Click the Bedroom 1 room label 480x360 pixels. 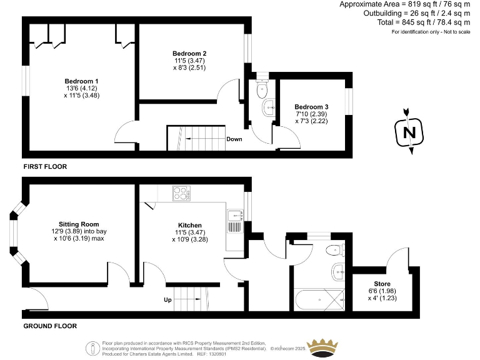(81, 81)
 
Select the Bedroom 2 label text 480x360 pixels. (189, 54)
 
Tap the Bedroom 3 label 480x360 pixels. (311, 107)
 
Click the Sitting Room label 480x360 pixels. (79, 224)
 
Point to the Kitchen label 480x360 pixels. (189, 225)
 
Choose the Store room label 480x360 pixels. (382, 284)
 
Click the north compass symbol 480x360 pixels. (409, 132)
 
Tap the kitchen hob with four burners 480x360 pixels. (181, 194)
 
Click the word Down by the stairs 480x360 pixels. (234, 139)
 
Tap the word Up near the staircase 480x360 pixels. (167, 300)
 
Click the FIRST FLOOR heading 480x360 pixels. (45, 167)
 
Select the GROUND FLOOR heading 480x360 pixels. (50, 326)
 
